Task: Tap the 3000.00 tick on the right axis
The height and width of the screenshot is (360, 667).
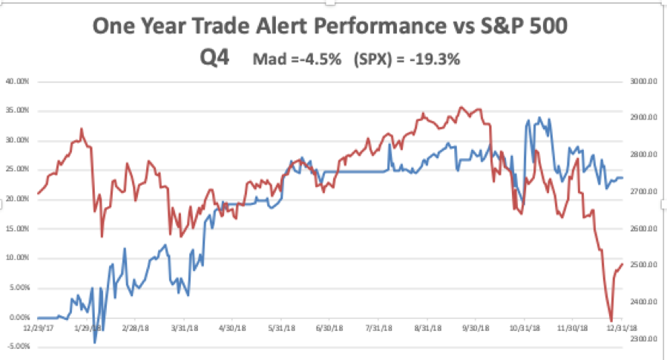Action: pyautogui.click(x=643, y=81)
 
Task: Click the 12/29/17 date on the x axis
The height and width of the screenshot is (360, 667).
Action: pyautogui.click(x=38, y=327)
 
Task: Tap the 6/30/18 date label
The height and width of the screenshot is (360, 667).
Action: pyautogui.click(x=330, y=327)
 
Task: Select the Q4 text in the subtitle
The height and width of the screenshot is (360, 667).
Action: pyautogui.click(x=217, y=58)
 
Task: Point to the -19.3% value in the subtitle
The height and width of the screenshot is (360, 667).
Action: pyautogui.click(x=437, y=59)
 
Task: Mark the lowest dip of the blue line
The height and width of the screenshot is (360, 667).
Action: pyautogui.click(x=95, y=343)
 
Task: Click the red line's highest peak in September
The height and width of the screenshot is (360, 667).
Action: pyautogui.click(x=461, y=107)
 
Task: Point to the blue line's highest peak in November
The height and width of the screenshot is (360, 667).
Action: pyautogui.click(x=539, y=117)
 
